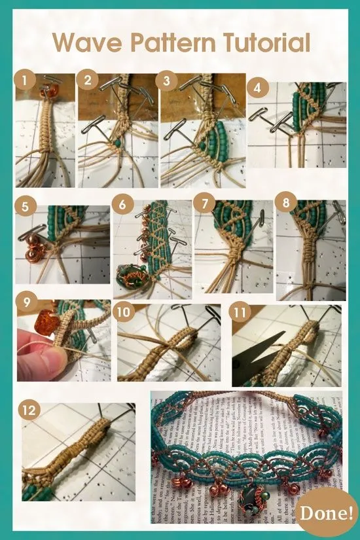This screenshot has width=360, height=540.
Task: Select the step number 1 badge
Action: click(x=25, y=81)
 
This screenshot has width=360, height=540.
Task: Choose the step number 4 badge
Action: click(x=257, y=88)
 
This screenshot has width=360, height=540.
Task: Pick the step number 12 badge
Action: click(x=29, y=410)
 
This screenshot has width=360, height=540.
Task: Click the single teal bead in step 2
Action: click(x=117, y=141)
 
